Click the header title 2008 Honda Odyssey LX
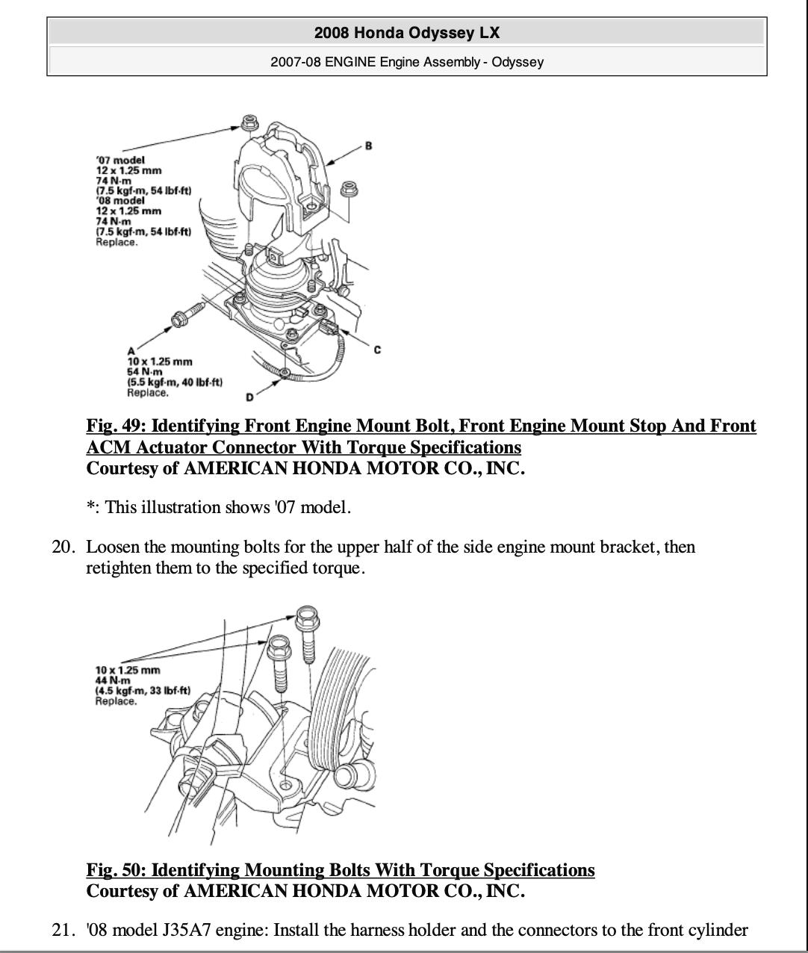406,33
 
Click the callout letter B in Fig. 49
368,146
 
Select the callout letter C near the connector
377,350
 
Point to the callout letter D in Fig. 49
249,396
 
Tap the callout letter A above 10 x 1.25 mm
131,351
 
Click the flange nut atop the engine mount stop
249,122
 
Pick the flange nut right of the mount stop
348,189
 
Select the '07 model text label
120,160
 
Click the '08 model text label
120,201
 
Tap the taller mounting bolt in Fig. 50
306,631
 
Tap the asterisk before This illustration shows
90,508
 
